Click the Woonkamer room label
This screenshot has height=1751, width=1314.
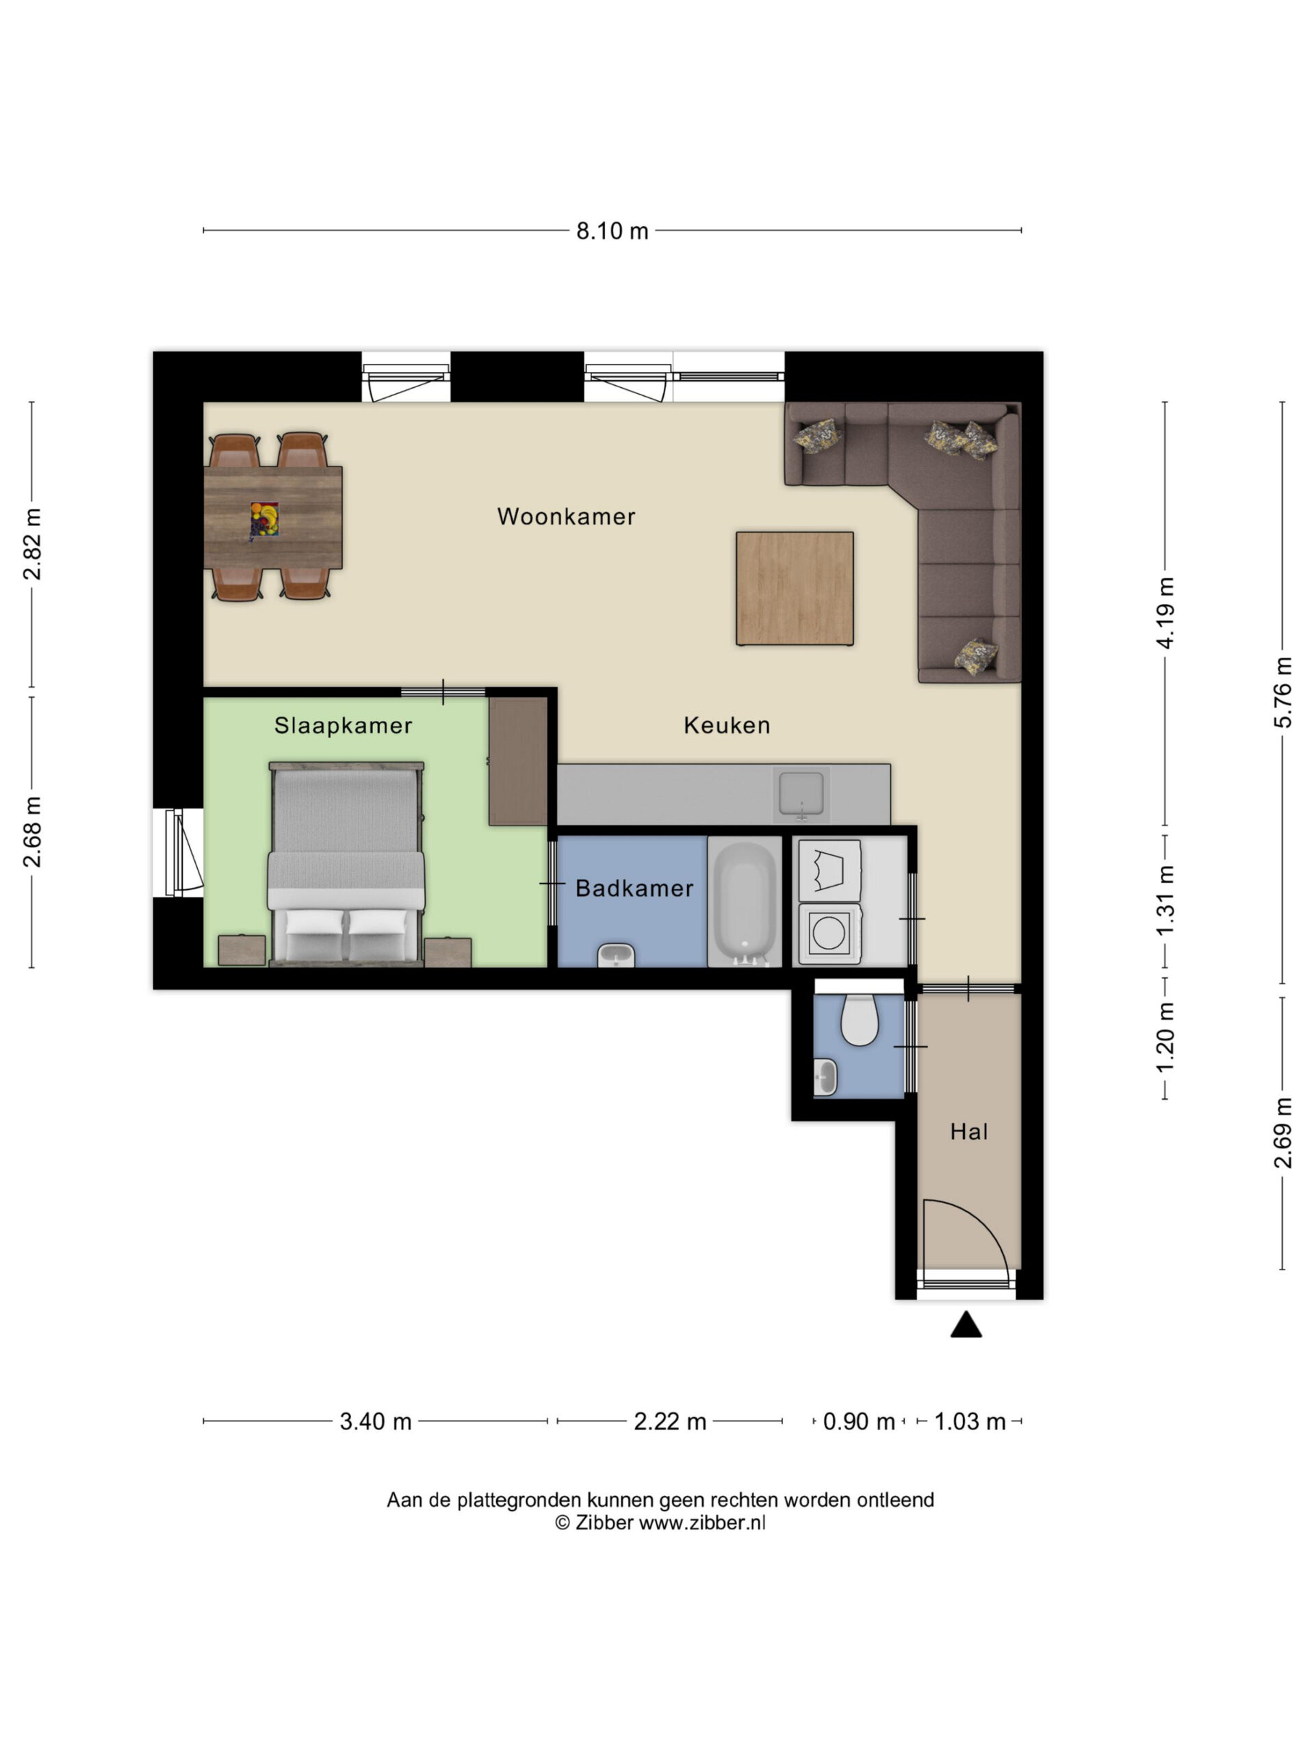[565, 516]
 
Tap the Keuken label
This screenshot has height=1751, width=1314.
[726, 724]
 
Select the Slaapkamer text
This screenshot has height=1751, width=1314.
[343, 725]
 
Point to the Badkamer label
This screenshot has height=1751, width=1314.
[634, 888]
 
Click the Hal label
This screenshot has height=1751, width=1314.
[968, 1131]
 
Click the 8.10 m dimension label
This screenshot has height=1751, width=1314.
[611, 231]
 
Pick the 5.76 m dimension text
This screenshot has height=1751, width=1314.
[1283, 692]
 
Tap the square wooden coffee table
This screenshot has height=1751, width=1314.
[795, 588]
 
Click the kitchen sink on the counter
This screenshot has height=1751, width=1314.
[801, 794]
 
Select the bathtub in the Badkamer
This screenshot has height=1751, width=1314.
[745, 901]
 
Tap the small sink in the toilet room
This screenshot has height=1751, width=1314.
[825, 1077]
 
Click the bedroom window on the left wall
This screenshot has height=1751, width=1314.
[178, 852]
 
